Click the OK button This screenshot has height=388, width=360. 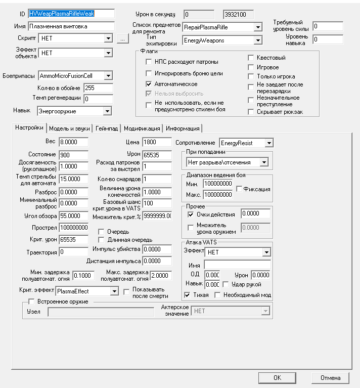point(277,377)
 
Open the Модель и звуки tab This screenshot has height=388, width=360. point(70,128)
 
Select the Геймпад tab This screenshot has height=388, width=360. point(107,128)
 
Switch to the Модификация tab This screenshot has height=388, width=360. point(142,128)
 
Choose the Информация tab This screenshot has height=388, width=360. point(182,128)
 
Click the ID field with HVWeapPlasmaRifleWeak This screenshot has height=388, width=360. point(71,13)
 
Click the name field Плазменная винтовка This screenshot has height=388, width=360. point(71,25)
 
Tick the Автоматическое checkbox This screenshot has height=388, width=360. point(149,84)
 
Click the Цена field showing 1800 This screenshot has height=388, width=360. point(157,143)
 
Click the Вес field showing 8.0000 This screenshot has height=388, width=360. point(73,143)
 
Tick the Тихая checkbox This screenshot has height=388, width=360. point(188,295)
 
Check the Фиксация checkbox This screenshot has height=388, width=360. point(240,189)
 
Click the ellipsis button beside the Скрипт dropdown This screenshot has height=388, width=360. point(122,38)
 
